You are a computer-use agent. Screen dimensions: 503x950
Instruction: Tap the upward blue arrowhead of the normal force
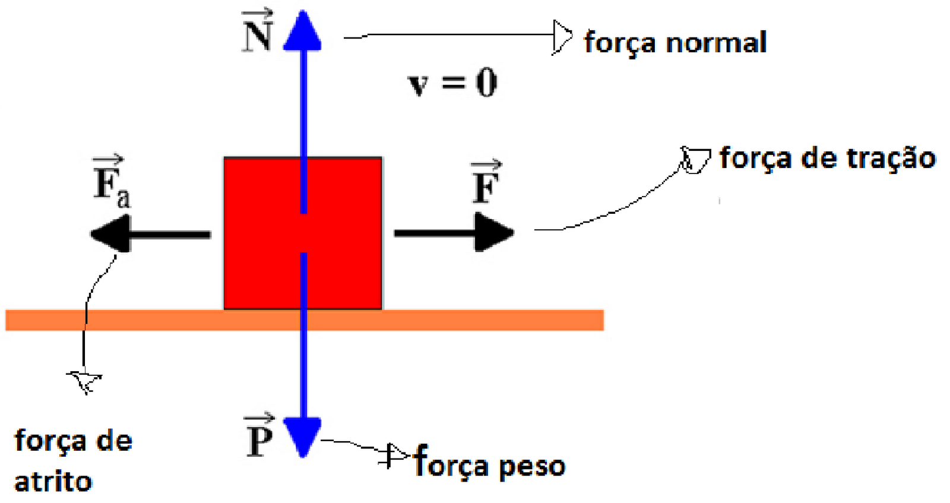(302, 33)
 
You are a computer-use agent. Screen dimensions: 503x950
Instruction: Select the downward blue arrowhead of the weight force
(302, 436)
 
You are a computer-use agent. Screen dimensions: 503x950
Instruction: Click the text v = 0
(452, 83)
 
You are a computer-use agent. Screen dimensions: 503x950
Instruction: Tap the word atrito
(53, 482)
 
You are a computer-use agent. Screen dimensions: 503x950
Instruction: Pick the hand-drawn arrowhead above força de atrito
(86, 381)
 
